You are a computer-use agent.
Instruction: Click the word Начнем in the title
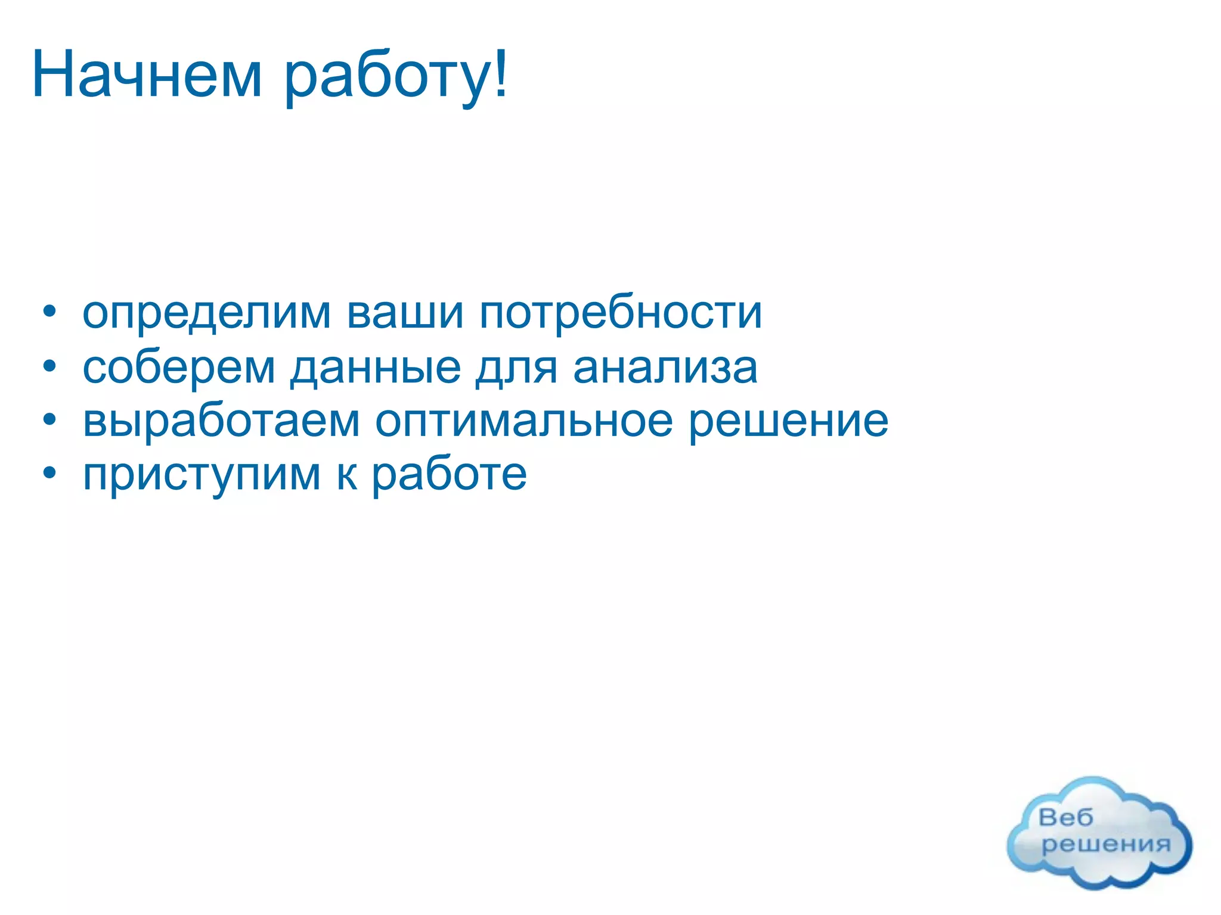click(x=147, y=75)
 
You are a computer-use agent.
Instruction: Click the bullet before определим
click(x=49, y=312)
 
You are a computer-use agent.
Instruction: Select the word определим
click(x=206, y=313)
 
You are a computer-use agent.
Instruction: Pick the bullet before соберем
click(x=49, y=366)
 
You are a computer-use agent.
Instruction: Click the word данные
click(x=376, y=368)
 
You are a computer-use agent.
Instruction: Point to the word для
click(x=516, y=368)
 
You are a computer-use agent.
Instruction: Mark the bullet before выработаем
click(x=49, y=421)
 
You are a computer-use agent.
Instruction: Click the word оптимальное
click(x=523, y=422)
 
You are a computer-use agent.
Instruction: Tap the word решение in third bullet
click(x=788, y=422)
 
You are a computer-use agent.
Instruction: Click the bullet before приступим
click(x=49, y=475)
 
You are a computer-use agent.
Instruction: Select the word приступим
click(x=202, y=476)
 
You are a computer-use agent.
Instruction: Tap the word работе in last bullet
click(x=449, y=475)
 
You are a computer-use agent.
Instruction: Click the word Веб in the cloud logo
click(x=1065, y=817)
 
